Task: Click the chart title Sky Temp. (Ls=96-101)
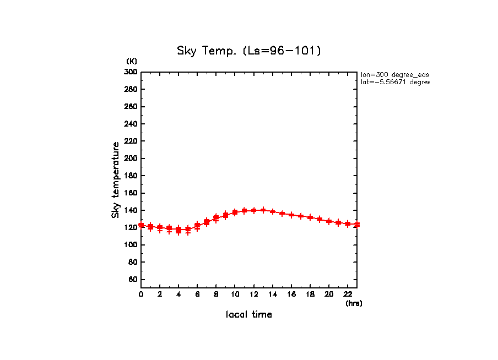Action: click(x=248, y=51)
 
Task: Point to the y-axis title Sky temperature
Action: click(x=116, y=179)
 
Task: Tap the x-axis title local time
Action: click(x=248, y=315)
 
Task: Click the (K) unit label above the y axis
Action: click(x=132, y=61)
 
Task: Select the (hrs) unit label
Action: click(x=354, y=303)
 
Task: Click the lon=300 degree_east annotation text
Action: click(x=394, y=74)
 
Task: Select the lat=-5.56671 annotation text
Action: click(x=394, y=82)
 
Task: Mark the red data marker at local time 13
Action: click(x=263, y=210)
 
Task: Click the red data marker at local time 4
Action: click(x=178, y=230)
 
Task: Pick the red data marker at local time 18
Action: click(x=310, y=217)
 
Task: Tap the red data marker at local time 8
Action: click(x=216, y=218)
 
